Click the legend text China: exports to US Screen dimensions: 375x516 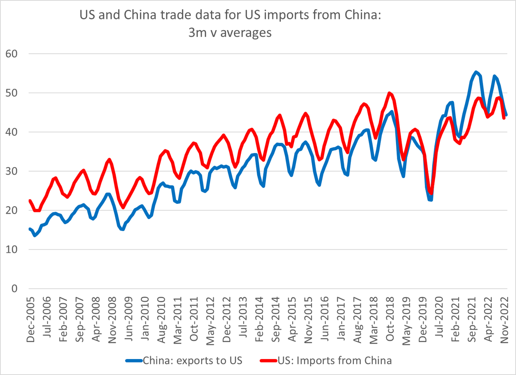coord(193,360)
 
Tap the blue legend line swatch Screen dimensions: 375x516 coord(134,361)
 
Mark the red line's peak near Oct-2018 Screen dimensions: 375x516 coord(389,93)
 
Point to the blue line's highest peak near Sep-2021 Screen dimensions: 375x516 coord(476,72)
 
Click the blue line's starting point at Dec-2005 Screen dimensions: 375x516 coord(30,229)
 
